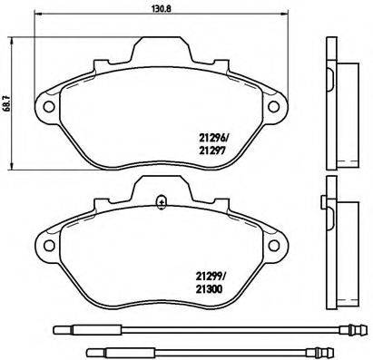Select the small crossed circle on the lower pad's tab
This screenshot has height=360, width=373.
tap(161, 201)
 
